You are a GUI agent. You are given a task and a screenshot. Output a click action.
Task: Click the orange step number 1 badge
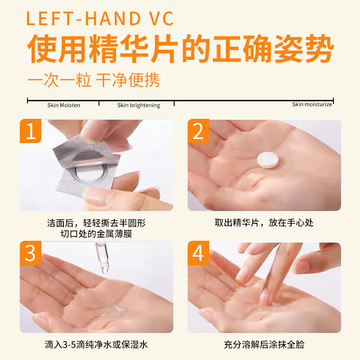(x=30, y=131)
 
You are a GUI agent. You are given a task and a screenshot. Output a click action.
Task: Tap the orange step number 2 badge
(x=198, y=131)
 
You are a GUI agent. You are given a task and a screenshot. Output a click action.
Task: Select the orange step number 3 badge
(x=30, y=253)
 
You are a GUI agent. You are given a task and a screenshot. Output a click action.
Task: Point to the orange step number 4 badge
(x=198, y=253)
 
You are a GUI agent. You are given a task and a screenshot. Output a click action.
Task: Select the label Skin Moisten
(x=63, y=105)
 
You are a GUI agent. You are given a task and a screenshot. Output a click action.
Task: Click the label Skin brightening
(x=139, y=105)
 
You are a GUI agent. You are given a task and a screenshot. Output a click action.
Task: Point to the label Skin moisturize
(x=312, y=104)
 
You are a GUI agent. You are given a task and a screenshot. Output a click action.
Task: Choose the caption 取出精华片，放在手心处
(x=264, y=222)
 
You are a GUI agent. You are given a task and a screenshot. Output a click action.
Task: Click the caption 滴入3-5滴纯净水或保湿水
(x=96, y=345)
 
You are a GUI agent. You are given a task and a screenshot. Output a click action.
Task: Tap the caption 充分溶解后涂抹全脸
(x=264, y=345)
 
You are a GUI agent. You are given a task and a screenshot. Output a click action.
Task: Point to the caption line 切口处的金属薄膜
(x=96, y=234)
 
